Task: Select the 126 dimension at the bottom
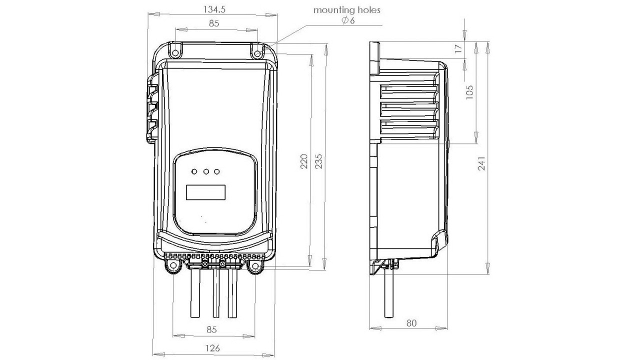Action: click(x=213, y=348)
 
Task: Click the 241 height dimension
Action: click(x=481, y=163)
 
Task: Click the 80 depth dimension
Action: click(x=411, y=323)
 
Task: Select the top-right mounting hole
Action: click(x=257, y=53)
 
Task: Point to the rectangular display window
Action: click(x=205, y=192)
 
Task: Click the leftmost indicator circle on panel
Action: click(x=194, y=172)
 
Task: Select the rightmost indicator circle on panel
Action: click(x=217, y=172)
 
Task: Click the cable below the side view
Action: click(x=388, y=295)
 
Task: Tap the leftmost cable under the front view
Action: click(x=195, y=295)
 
